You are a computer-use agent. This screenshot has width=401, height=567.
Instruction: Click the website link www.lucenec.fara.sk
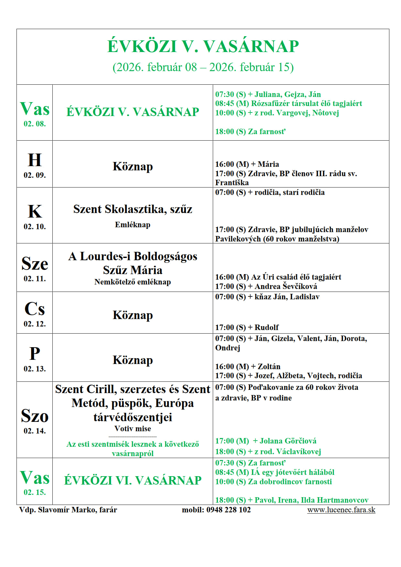click(x=341, y=510)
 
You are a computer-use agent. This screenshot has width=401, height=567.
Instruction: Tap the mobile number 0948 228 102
click(x=228, y=510)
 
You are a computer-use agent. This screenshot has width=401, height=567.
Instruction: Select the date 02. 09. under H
click(x=35, y=175)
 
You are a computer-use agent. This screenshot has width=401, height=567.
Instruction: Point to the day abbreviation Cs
click(x=35, y=309)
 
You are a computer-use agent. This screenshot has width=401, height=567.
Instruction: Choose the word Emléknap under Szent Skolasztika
click(x=133, y=225)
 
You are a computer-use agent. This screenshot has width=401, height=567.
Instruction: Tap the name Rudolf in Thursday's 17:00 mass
click(x=266, y=327)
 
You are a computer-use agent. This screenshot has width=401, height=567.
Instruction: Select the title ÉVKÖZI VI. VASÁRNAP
click(x=133, y=480)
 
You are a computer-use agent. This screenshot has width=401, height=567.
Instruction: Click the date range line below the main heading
click(x=203, y=67)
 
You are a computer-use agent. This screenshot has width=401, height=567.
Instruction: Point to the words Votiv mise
click(x=133, y=429)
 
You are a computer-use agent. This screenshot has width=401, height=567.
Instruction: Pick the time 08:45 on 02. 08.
click(x=224, y=103)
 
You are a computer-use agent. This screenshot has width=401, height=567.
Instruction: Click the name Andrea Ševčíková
click(x=286, y=286)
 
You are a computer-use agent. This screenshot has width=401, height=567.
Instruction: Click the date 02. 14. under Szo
click(x=35, y=431)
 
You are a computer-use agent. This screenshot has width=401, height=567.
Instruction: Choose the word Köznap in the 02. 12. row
click(x=133, y=315)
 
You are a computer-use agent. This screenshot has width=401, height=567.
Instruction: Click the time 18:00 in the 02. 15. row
click(x=224, y=500)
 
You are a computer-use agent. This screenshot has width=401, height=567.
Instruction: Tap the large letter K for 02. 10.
click(x=35, y=212)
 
